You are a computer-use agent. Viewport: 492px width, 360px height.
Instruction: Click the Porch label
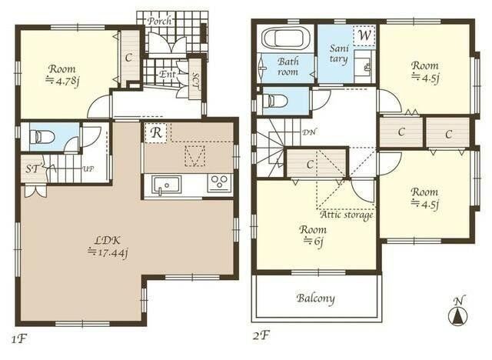159,21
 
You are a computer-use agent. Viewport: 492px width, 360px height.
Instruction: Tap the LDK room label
108,241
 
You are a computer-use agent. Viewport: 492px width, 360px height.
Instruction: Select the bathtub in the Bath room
285,38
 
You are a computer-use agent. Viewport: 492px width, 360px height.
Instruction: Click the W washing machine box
364,35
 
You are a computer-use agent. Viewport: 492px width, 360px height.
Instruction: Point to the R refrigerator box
156,133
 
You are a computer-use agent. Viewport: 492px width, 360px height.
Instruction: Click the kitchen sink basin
167,185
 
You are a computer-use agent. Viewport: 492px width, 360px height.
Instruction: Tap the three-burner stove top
219,183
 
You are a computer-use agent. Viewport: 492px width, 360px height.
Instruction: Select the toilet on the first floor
42,137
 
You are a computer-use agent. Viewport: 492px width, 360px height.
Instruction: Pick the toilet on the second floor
275,101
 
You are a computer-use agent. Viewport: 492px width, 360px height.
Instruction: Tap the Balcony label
316,298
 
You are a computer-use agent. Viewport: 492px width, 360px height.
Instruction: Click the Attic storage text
347,215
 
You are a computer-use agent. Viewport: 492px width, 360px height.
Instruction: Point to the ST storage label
32,169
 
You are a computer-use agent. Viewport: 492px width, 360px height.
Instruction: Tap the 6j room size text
313,242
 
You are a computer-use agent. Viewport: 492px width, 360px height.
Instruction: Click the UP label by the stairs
88,169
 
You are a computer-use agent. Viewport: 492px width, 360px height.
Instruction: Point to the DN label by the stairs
309,132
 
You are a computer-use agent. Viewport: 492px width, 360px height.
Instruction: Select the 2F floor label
261,336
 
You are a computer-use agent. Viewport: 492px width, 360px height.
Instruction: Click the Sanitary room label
339,54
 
